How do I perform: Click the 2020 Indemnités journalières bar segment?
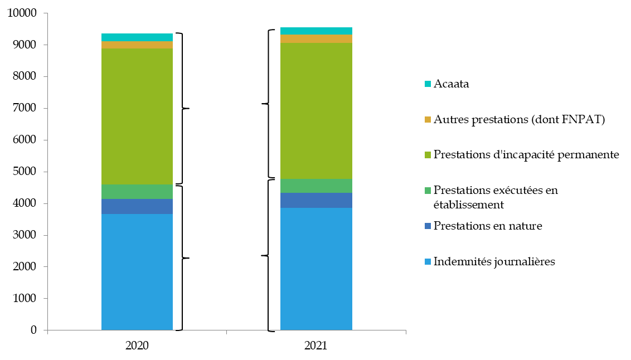tap(137, 272)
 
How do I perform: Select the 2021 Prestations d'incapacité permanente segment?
tap(316, 111)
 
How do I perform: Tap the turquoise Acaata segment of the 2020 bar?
tap(137, 37)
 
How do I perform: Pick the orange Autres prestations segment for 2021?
tap(316, 39)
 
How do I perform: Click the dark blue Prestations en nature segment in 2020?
tap(137, 207)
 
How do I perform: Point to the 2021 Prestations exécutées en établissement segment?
tap(316, 186)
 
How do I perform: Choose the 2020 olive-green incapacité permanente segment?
tap(137, 116)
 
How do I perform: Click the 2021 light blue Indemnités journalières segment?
tap(316, 269)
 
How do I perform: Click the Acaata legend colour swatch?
tap(428, 85)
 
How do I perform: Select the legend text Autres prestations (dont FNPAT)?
tap(519, 119)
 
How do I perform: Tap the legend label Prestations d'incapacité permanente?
tap(526, 154)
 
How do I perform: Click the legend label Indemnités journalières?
tap(494, 261)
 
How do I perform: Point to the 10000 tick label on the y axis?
tap(22, 13)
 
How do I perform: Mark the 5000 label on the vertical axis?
tap(25, 172)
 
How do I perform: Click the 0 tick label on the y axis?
tap(33, 330)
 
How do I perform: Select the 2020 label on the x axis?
tap(137, 346)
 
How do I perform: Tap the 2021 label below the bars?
tap(316, 346)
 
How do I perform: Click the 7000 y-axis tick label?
tap(25, 108)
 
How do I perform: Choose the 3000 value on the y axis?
tap(25, 235)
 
